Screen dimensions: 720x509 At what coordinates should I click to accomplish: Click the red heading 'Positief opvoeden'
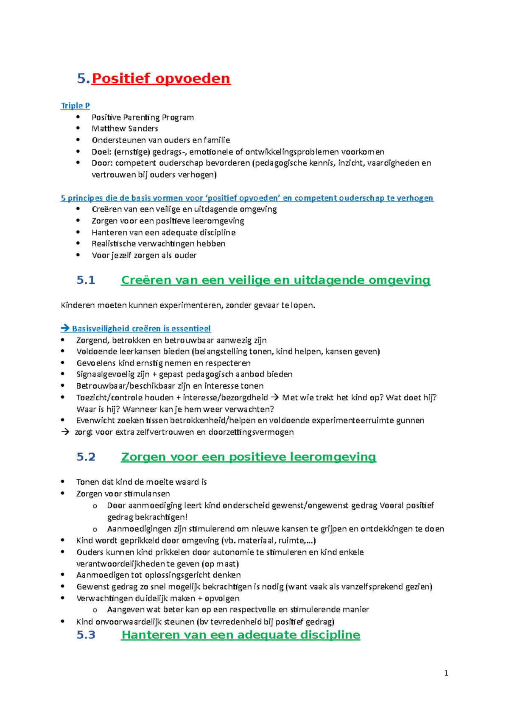pos(161,78)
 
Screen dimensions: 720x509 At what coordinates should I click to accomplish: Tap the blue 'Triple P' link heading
pos(75,106)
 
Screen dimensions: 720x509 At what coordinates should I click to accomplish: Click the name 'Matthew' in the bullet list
pos(106,128)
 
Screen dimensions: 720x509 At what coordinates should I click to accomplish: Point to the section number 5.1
pos(86,280)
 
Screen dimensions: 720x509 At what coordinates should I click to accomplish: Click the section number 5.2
pos(86,457)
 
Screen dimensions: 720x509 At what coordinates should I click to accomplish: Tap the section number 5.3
pos(86,635)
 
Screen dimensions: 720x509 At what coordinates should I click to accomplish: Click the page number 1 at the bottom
pos(446,673)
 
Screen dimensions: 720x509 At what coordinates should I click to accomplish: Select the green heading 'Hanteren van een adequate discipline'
pos(241,635)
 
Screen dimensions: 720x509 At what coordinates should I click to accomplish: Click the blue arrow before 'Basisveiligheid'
pos(65,328)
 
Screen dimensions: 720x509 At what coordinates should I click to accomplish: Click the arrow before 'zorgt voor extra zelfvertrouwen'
pos(65,432)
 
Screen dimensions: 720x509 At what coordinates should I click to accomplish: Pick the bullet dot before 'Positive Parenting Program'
pos(78,117)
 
